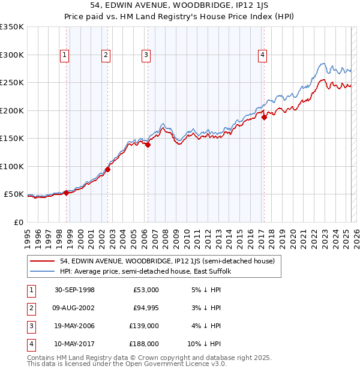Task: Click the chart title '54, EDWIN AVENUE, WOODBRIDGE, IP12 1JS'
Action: [x=179, y=7]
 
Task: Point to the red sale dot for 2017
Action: [x=264, y=118]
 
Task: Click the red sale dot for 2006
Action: [x=148, y=145]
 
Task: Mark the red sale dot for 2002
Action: [x=107, y=169]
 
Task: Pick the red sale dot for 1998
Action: [x=66, y=193]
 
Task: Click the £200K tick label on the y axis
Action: [x=11, y=110]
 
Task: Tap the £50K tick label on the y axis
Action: [x=14, y=194]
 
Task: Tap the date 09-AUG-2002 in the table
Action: [x=74, y=308]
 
